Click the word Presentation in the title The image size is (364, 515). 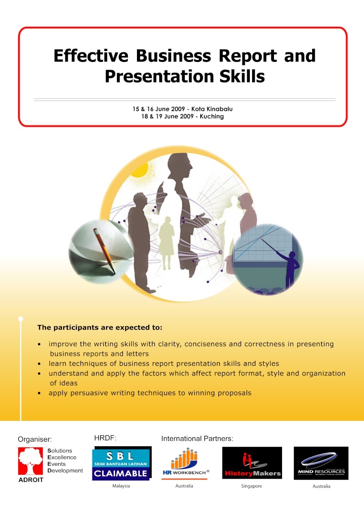(x=159, y=77)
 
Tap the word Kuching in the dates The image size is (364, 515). (x=212, y=116)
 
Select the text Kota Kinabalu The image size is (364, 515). (x=212, y=109)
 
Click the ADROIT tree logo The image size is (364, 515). (x=30, y=461)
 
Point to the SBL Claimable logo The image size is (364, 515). (x=121, y=464)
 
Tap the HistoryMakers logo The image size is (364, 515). (x=252, y=463)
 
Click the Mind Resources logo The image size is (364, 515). (x=321, y=463)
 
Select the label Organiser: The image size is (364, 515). (x=35, y=439)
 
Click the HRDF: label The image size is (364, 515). (x=106, y=438)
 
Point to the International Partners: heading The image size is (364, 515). (x=197, y=439)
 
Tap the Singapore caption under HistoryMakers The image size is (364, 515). (x=252, y=486)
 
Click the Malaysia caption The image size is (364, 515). (x=121, y=486)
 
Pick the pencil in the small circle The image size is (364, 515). (x=104, y=250)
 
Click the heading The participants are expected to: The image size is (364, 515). (x=100, y=328)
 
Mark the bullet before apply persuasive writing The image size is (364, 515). (x=39, y=393)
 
